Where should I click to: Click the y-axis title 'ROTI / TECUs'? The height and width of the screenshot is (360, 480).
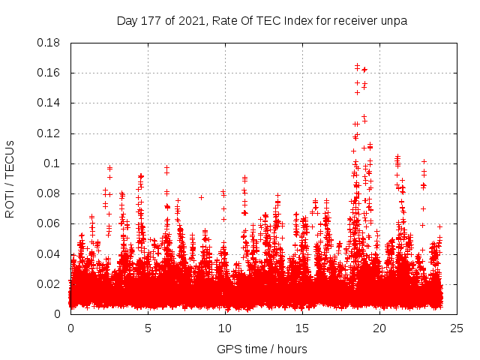(x=10, y=178)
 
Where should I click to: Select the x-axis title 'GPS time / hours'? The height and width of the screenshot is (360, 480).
(x=262, y=349)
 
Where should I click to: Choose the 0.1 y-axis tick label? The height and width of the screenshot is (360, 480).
(x=52, y=163)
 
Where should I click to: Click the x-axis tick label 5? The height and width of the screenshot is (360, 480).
(x=148, y=328)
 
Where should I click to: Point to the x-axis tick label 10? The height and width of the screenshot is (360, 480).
(x=225, y=328)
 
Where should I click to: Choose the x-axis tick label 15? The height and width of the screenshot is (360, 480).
(x=302, y=328)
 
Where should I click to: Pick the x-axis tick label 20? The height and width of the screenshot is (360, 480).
(x=379, y=328)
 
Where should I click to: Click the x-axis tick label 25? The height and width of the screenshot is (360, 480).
(x=457, y=328)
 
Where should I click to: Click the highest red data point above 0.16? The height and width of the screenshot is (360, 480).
(x=357, y=65)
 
